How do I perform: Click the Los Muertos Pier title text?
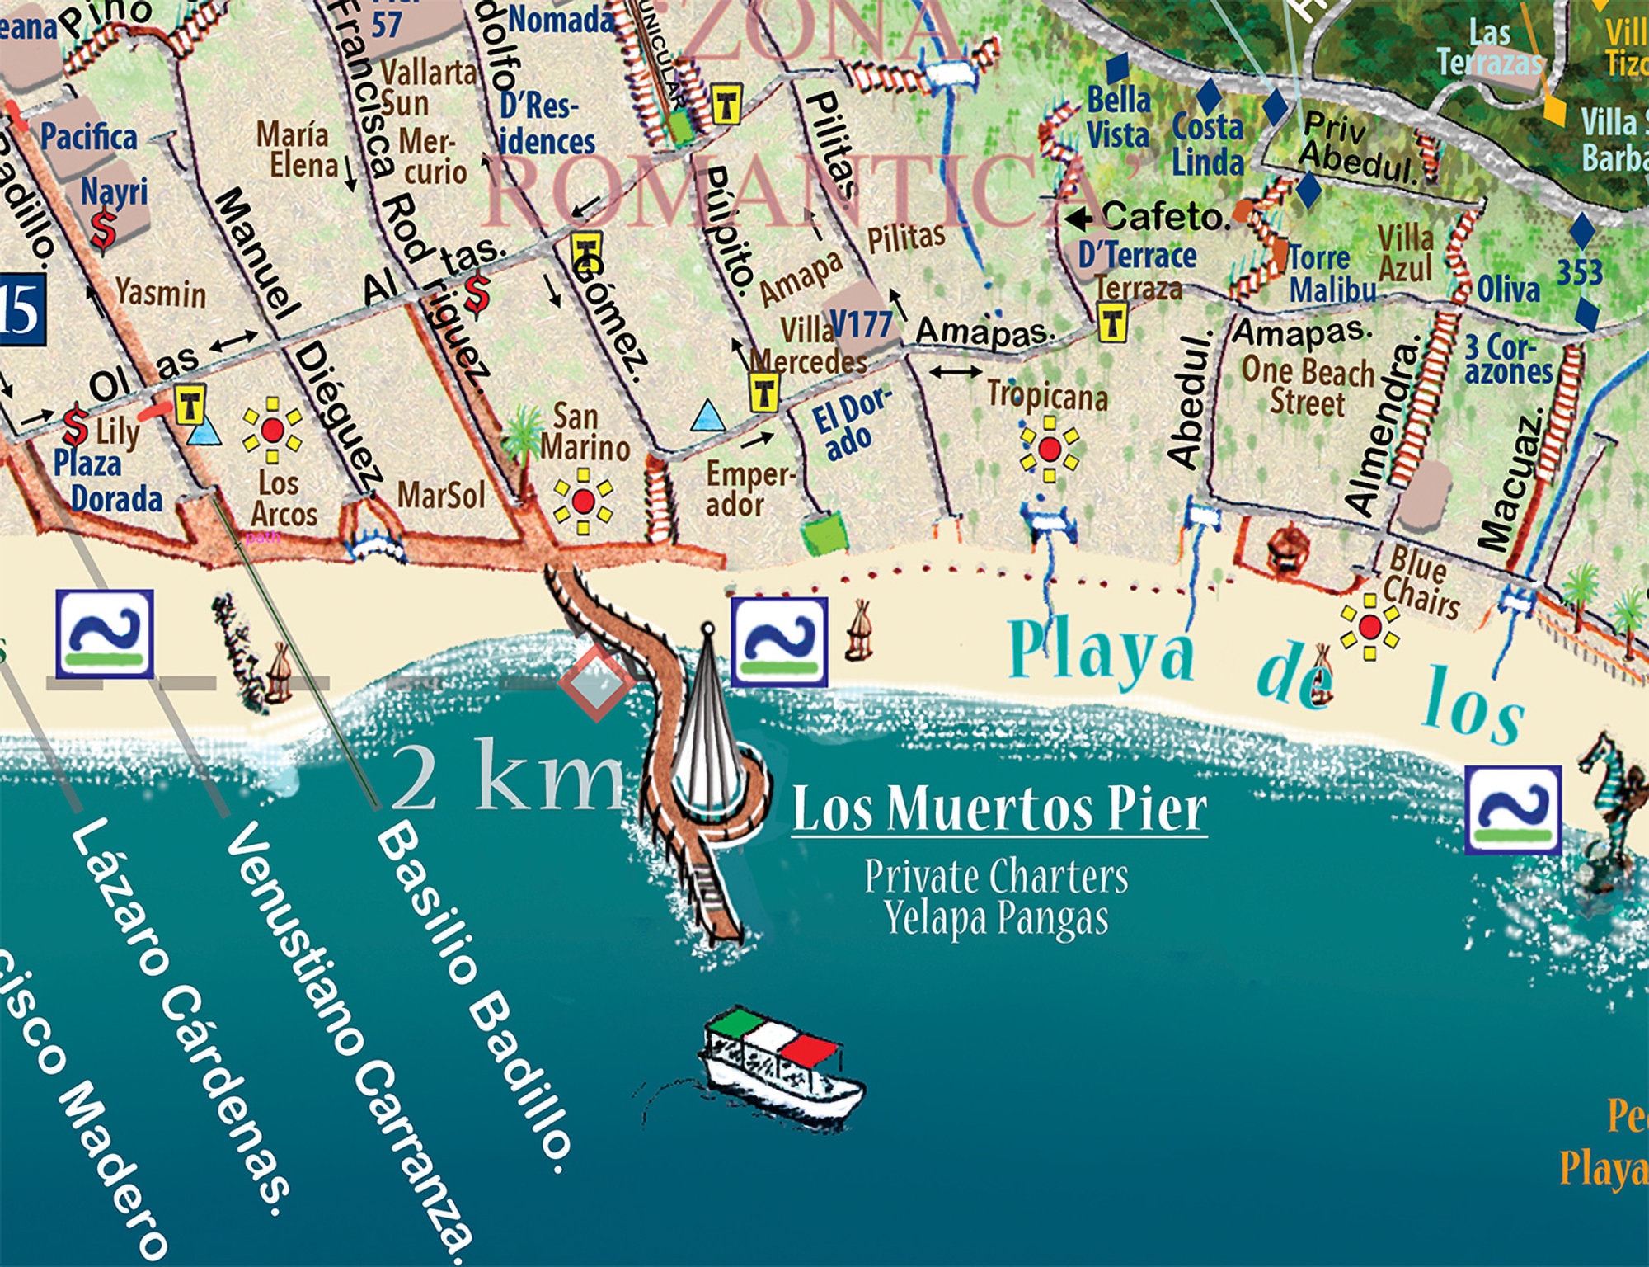click(x=999, y=810)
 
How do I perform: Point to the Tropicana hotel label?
click(x=1047, y=397)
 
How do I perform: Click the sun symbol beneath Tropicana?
click(x=1049, y=450)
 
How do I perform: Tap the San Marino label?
click(x=585, y=432)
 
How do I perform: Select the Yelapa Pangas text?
click(x=996, y=918)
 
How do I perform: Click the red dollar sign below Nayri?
click(x=104, y=231)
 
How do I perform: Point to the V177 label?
click(x=861, y=323)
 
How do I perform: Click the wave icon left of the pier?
click(x=104, y=633)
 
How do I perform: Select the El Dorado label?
click(x=849, y=424)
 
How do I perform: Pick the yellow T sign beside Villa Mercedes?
click(x=764, y=392)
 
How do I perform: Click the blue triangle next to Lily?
click(x=203, y=433)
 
